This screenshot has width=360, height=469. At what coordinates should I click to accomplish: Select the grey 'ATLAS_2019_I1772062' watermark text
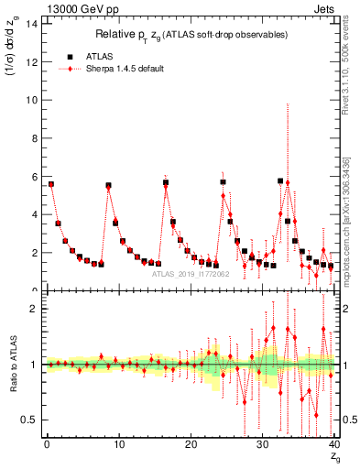[191, 273]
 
